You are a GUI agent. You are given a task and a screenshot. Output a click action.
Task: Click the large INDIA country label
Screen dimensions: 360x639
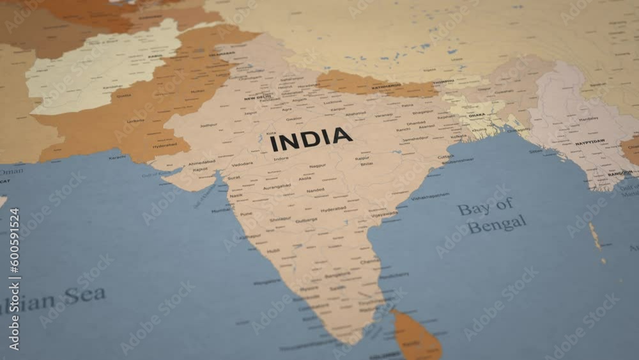coord(311,139)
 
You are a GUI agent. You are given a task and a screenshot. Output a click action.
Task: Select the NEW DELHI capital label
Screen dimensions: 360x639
coord(258,97)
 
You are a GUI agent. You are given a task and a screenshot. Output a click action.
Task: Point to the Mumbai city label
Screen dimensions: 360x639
coord(220,210)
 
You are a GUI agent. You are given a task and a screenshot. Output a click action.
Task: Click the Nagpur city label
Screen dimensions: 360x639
coord(317,166)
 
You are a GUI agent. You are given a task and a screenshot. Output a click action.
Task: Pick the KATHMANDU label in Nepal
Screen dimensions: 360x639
coord(386,86)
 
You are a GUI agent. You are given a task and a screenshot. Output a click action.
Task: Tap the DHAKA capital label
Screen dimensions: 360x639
coord(477,115)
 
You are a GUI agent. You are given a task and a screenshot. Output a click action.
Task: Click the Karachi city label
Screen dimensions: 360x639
coord(117,157)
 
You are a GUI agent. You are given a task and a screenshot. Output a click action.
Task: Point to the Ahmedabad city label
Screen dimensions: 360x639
coord(202,162)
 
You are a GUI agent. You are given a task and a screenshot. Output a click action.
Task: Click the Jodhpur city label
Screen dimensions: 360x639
coord(208,125)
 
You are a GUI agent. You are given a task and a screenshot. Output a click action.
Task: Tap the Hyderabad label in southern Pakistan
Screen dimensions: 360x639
coord(164,146)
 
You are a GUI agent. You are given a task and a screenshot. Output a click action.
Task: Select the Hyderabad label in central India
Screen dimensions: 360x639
coord(333,209)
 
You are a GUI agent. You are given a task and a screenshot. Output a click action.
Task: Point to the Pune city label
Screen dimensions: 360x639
coord(246,214)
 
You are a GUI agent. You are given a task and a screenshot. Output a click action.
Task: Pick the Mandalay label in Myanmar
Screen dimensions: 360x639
coord(588,119)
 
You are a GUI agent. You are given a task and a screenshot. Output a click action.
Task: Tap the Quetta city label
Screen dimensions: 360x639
coord(123,96)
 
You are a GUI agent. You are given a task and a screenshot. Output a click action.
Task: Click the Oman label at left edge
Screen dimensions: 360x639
coord(11,171)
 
